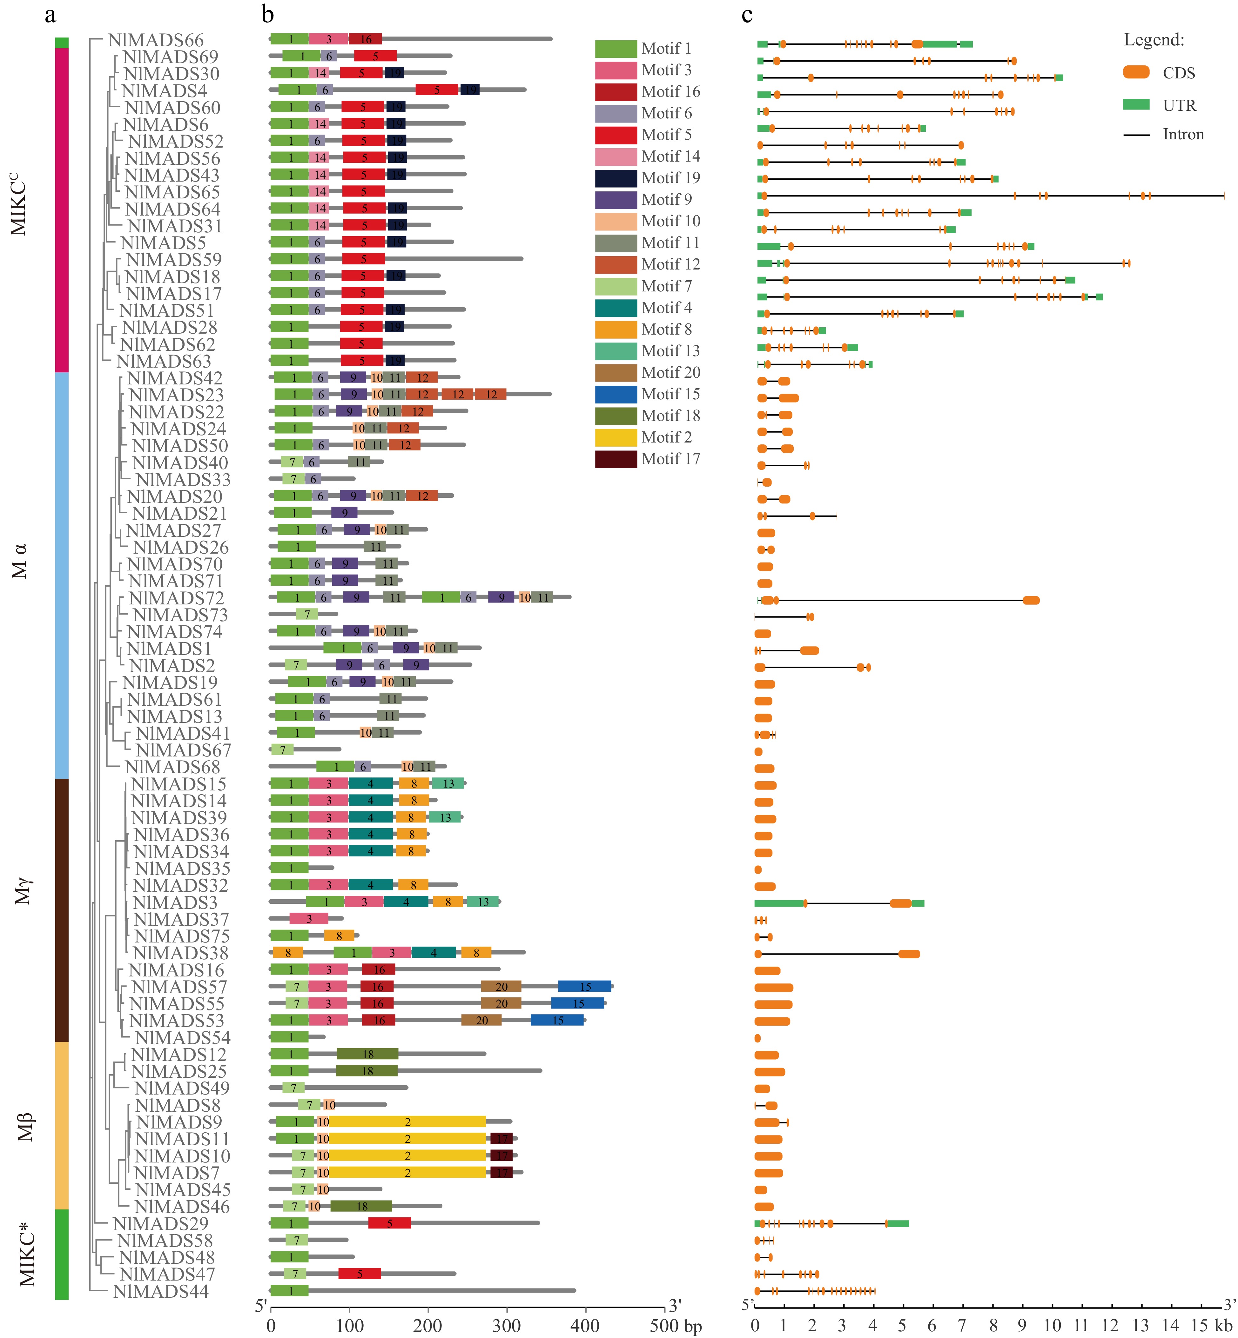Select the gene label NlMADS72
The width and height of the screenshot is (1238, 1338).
pos(176,598)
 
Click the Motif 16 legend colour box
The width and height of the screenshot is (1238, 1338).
pos(616,92)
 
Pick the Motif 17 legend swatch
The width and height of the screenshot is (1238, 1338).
pos(616,459)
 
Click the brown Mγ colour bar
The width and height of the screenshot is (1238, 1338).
pos(62,909)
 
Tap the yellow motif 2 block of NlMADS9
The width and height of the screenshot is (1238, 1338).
pos(407,1122)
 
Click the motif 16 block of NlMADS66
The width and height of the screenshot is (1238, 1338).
pos(365,39)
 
